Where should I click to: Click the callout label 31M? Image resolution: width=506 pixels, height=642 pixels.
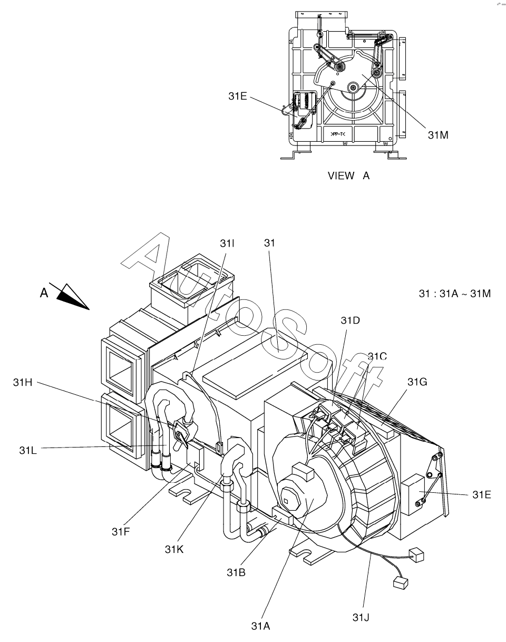(438, 135)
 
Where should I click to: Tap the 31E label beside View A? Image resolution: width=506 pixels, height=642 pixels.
(238, 96)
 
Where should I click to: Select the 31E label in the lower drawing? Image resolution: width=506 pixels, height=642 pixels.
(482, 495)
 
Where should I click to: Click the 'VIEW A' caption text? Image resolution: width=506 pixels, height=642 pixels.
(348, 176)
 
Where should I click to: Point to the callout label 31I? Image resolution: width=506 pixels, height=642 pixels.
(227, 244)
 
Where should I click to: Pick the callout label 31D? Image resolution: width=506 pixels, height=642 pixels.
(351, 320)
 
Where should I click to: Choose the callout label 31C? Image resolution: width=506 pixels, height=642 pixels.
(377, 356)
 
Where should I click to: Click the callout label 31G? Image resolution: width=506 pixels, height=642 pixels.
(417, 382)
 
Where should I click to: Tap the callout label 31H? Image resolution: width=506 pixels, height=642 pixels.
(23, 382)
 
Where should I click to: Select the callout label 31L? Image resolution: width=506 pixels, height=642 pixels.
(28, 450)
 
